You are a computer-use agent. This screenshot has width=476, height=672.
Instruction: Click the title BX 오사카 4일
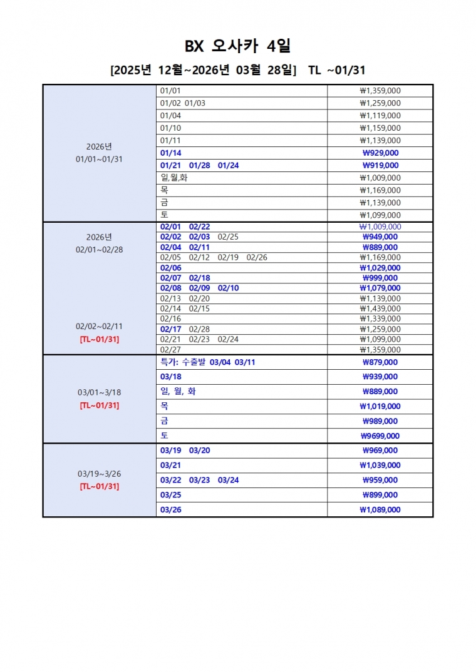point(237,46)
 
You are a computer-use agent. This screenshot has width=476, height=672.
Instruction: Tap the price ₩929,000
point(380,153)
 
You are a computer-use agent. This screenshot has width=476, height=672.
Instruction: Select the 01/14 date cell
point(171,153)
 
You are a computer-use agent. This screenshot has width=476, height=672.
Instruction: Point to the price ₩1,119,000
point(380,115)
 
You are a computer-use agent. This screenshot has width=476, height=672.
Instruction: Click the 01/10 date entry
point(171,128)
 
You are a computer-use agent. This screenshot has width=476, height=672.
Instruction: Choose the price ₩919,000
point(380,166)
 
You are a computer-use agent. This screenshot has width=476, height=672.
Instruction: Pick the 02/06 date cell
point(171,268)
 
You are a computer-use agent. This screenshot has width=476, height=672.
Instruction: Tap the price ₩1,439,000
point(380,308)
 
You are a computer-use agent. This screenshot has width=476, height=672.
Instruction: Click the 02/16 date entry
point(171,318)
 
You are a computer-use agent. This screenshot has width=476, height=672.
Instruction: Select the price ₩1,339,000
point(380,318)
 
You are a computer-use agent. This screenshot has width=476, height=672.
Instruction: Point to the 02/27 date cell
point(171,350)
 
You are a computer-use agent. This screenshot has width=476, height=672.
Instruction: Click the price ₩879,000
point(380,362)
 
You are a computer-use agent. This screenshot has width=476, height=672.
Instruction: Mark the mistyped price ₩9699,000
point(380,436)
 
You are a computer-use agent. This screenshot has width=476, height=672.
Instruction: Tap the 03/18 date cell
point(171,377)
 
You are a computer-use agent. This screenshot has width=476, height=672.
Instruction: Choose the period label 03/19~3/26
point(99,474)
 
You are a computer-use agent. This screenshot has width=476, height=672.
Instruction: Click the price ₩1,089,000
point(380,510)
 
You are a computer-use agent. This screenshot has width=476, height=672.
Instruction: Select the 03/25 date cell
point(171,495)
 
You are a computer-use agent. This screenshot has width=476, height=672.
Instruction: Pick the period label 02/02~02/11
point(99,326)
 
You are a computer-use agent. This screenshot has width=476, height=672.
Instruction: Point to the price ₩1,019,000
point(380,406)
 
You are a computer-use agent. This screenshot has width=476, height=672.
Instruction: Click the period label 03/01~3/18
point(99,392)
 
